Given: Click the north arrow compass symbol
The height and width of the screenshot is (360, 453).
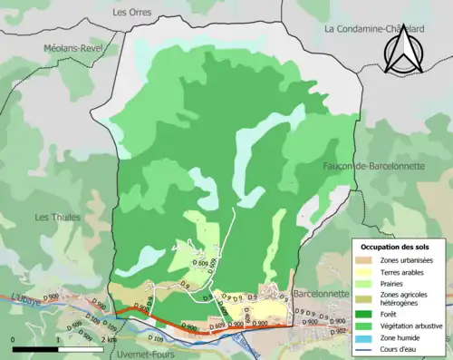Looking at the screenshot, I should (x=400, y=50).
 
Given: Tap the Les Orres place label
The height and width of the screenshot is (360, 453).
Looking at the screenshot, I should (x=132, y=13).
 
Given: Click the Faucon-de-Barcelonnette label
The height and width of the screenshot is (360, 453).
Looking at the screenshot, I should (x=368, y=166).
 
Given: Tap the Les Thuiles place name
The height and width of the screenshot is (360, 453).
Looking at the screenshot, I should (x=57, y=217).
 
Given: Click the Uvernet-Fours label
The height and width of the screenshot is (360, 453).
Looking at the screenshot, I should (x=149, y=354).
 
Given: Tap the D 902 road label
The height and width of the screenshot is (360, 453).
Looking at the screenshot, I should (x=338, y=331).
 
